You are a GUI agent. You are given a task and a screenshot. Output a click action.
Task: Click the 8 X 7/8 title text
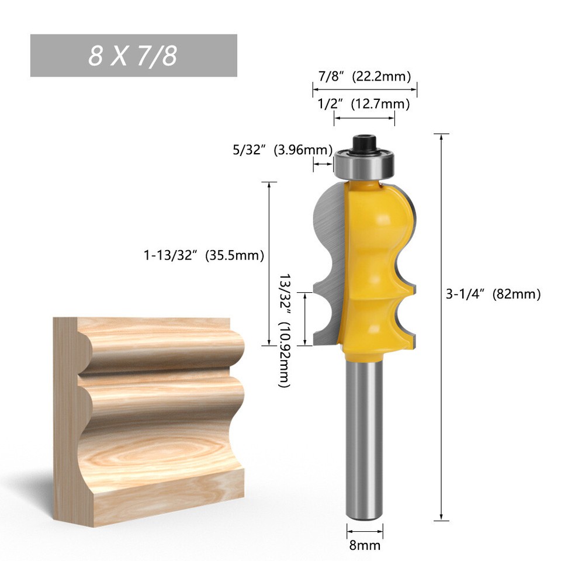133,56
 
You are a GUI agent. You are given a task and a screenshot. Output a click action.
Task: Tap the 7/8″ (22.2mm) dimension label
364,77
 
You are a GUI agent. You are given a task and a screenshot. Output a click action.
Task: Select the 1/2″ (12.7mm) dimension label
363,105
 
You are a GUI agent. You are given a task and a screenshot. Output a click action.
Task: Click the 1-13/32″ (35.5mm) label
204,255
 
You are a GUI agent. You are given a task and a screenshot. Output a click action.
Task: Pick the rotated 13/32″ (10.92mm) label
285,331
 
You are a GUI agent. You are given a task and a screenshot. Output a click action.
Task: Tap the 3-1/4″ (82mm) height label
493,294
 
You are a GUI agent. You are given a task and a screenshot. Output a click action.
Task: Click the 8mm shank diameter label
365,546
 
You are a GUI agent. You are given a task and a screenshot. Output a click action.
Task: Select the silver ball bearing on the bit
365,164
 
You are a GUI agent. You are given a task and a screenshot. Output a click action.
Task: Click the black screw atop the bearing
365,143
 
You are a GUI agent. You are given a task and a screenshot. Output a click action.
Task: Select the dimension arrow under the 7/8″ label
365,89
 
